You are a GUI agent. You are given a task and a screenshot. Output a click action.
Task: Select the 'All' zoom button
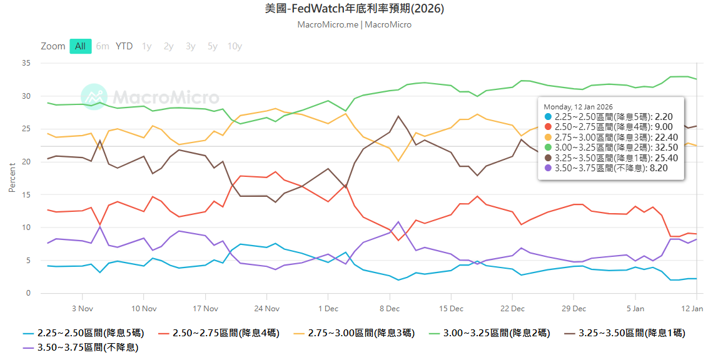pos(81,46)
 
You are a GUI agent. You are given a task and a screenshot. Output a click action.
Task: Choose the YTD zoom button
pos(124,46)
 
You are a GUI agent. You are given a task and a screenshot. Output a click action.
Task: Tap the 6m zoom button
pos(103,46)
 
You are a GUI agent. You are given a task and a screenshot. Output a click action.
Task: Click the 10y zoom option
pos(235,46)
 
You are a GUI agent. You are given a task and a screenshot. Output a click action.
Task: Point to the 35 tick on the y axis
pos(26,63)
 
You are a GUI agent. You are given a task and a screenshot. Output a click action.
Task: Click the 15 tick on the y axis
pos(26,195)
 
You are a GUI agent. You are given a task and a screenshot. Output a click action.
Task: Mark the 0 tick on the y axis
pos(28,293)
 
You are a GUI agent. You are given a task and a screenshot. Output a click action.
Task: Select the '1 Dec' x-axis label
pos(328,309)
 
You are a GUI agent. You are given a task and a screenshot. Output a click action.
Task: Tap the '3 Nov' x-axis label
pos(82,309)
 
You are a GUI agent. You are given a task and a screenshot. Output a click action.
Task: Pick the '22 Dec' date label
pos(512,309)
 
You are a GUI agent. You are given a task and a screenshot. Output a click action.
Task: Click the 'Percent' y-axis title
pos(12,177)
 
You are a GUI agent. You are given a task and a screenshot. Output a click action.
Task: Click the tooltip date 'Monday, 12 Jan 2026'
pos(578,107)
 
